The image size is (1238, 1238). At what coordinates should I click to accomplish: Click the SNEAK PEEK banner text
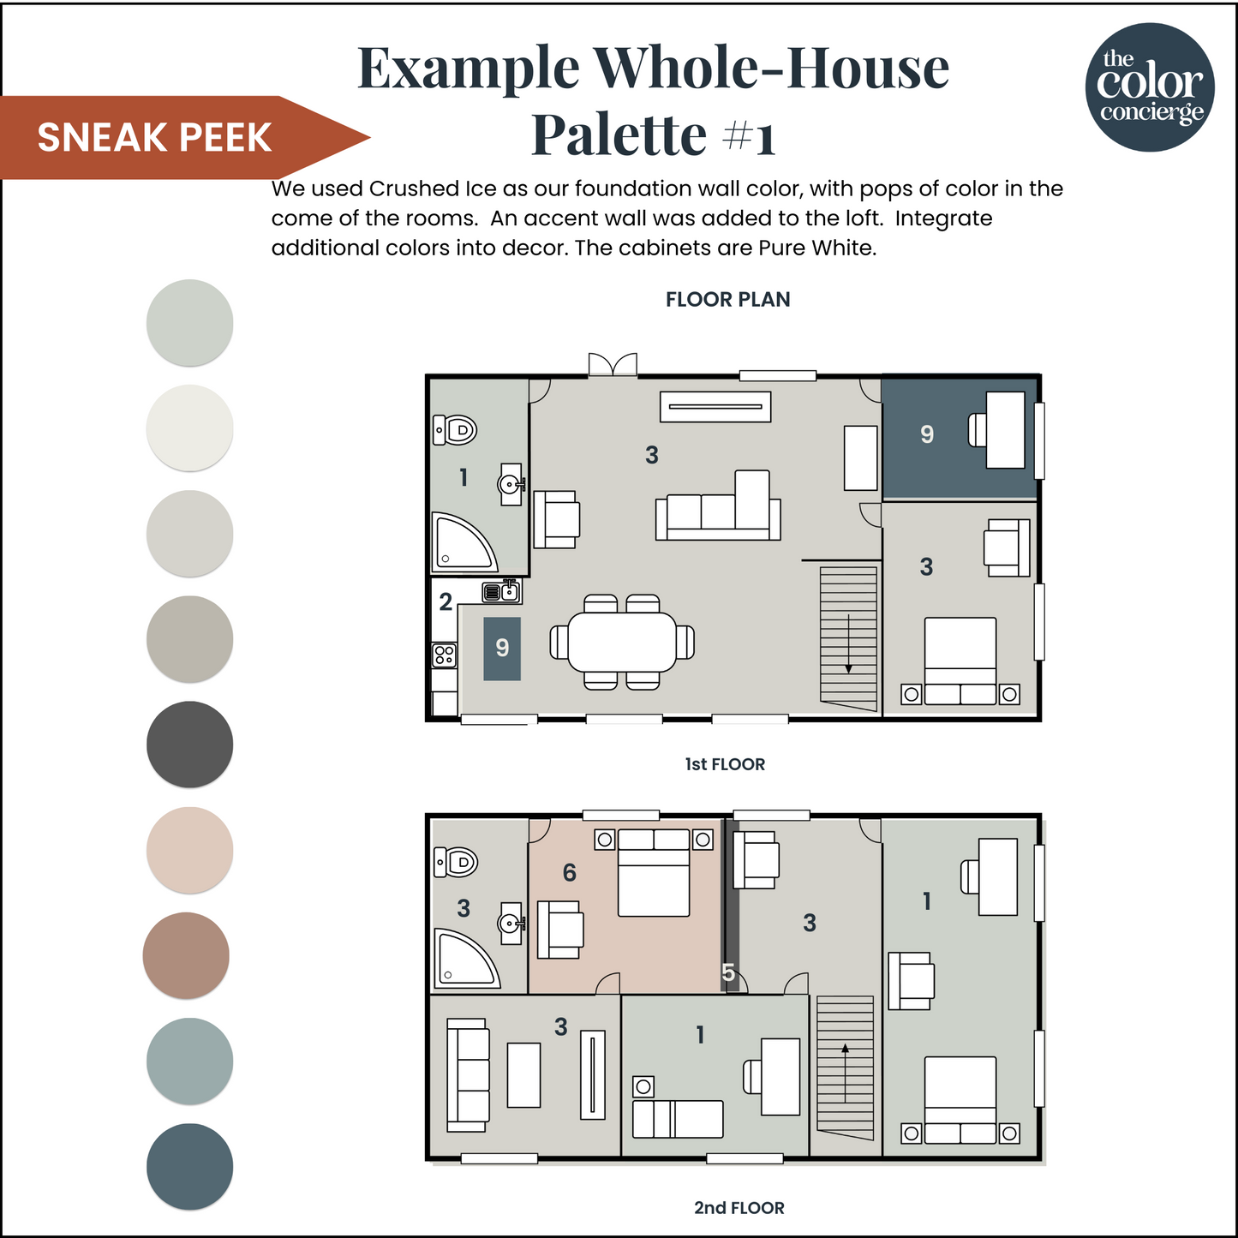[154, 138]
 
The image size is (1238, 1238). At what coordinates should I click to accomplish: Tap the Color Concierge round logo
[1150, 87]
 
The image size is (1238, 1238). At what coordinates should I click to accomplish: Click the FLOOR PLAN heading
[727, 300]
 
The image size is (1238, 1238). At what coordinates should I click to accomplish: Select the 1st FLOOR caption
[725, 764]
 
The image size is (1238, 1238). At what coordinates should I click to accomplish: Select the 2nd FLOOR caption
[739, 1208]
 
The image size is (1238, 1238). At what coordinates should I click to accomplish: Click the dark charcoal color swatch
[189, 744]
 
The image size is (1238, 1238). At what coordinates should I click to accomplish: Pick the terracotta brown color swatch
[186, 954]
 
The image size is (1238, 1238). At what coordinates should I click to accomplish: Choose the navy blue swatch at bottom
[189, 1166]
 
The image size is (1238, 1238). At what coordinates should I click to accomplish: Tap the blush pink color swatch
[189, 849]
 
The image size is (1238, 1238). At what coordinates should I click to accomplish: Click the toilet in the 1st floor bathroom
[455, 429]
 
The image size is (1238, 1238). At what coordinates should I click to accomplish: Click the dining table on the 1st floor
[622, 642]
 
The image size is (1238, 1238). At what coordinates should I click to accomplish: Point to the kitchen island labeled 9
[502, 649]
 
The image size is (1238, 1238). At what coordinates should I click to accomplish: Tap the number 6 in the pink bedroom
[569, 873]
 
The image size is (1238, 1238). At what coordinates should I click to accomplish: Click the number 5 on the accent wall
[728, 972]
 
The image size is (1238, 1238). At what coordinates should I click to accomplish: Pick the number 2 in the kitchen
[446, 602]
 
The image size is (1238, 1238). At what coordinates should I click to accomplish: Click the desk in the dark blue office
[1005, 430]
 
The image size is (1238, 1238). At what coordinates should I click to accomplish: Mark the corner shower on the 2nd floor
[464, 958]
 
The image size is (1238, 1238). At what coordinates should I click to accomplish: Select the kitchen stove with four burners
[444, 655]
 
